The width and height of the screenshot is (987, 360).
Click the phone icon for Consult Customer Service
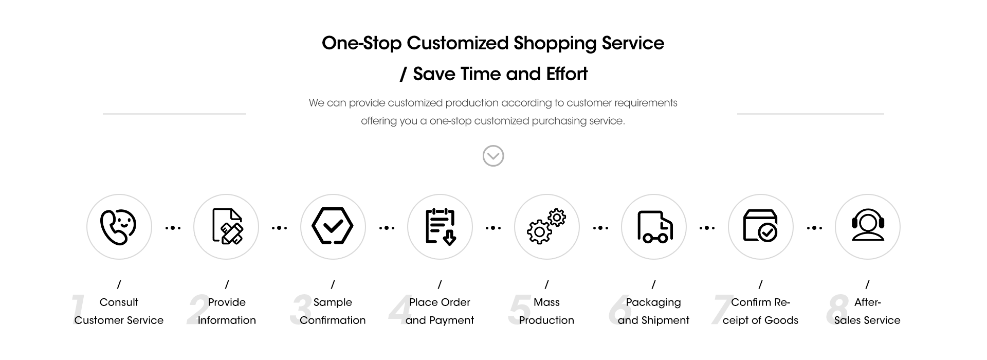click(119, 227)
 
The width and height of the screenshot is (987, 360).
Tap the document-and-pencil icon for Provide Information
click(227, 226)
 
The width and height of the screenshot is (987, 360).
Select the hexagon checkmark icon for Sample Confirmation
click(333, 226)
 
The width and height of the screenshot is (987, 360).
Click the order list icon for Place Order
click(441, 226)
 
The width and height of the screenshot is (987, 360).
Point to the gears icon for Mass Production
click(546, 227)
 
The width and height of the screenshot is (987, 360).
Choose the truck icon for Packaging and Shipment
click(654, 226)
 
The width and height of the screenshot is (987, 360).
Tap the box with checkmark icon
click(760, 226)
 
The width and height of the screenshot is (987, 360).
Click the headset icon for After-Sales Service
click(868, 225)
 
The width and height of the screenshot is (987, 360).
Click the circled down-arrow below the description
click(493, 155)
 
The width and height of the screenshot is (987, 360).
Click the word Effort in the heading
click(567, 74)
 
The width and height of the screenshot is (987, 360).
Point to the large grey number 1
click(78, 310)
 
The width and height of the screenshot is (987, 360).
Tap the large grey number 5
click(519, 310)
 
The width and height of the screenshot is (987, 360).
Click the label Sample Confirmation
click(333, 311)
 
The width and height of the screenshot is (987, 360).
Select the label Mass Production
click(546, 311)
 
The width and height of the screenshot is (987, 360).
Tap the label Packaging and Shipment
click(653, 311)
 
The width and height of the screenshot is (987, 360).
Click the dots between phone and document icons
click(173, 228)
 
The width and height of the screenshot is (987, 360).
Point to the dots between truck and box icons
click(707, 228)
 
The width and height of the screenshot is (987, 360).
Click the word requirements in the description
click(646, 103)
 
